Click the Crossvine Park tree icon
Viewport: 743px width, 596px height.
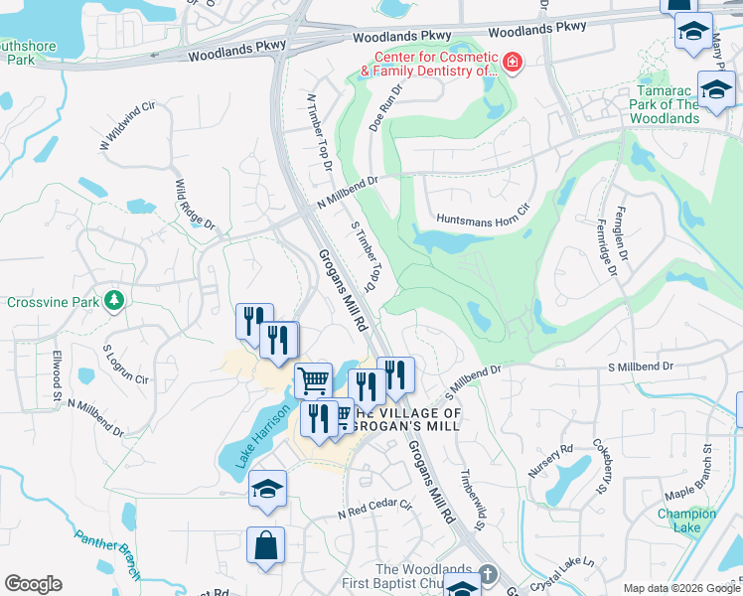click(115, 299)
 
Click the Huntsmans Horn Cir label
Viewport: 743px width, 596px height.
click(484, 219)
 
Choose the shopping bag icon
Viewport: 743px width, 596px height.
click(266, 545)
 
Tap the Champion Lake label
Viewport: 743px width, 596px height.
click(685, 520)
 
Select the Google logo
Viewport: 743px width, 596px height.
click(33, 584)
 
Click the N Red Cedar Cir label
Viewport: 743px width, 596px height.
click(374, 509)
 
